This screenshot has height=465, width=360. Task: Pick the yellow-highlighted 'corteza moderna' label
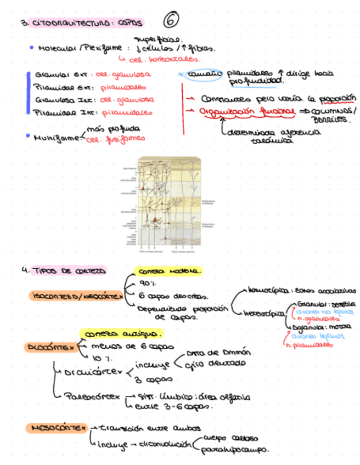pyautogui.click(x=168, y=271)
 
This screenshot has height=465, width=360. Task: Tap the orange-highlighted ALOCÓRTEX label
pyautogui.click(x=50, y=347)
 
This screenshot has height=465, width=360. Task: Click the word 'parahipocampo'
pyautogui.click(x=234, y=450)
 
